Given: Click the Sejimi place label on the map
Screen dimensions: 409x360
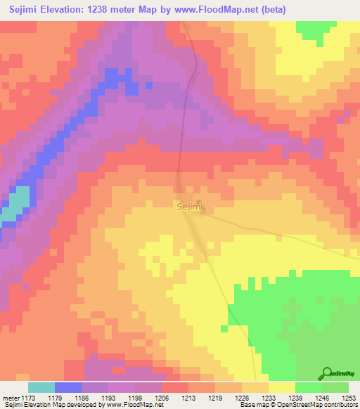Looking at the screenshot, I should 188,207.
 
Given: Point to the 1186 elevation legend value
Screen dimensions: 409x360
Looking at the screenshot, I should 81,398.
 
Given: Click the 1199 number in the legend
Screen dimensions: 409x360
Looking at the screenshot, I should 134,398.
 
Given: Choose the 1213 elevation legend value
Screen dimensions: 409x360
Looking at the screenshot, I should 188,398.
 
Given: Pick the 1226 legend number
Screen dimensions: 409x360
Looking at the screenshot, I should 241,398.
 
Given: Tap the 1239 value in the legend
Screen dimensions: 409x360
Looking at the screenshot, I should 295,398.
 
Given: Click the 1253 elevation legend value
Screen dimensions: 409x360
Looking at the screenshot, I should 348,398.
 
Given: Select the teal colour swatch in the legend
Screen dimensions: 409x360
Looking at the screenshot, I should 41,387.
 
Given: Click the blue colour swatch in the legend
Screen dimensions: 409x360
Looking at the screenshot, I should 67,387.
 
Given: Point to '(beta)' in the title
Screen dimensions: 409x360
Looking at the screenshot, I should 274,11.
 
